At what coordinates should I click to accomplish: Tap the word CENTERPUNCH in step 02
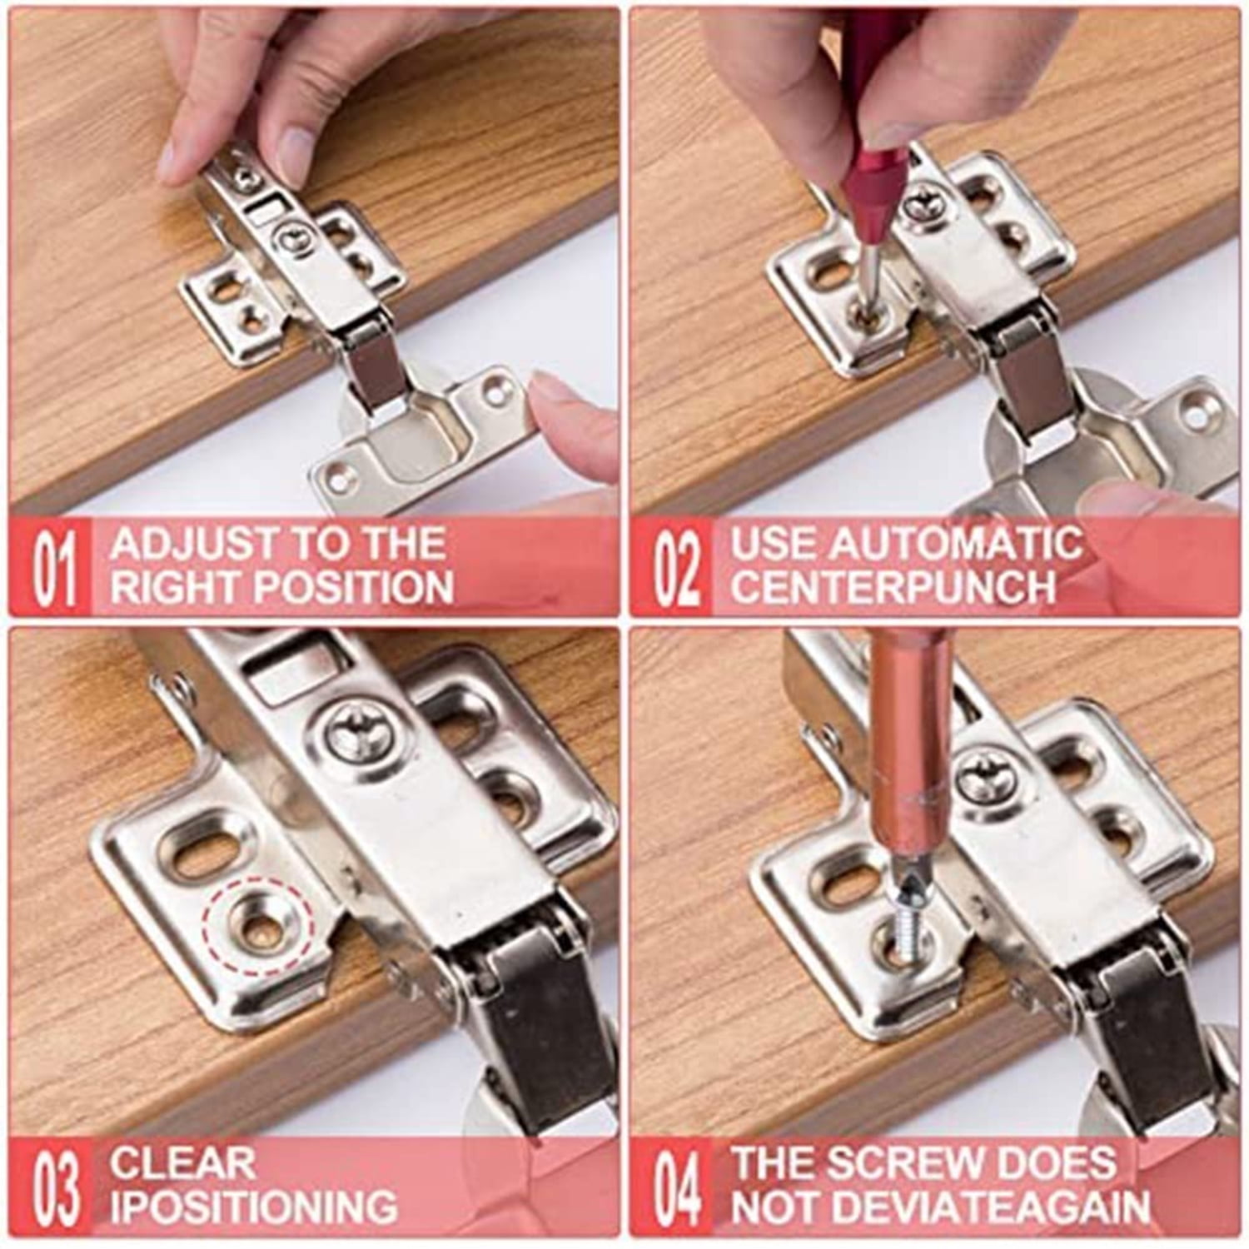point(893,587)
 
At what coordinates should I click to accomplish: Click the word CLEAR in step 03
point(182,1162)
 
